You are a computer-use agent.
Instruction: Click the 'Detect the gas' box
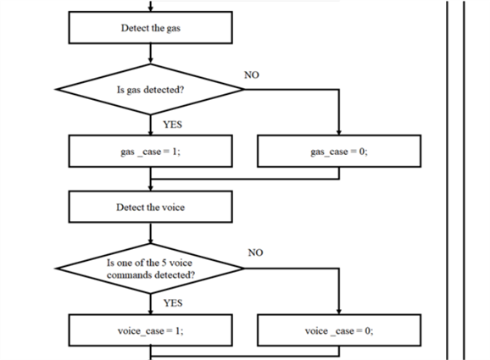coord(150,30)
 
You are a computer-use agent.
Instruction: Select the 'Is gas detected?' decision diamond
coord(150,88)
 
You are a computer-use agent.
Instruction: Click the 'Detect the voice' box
coord(150,207)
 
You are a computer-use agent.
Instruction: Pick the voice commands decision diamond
coord(150,269)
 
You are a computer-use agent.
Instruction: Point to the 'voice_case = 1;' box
coord(150,331)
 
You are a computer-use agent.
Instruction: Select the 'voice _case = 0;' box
coord(338,331)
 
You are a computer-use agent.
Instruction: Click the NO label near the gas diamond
coord(251,75)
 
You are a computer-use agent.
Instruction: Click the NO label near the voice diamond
coord(256,253)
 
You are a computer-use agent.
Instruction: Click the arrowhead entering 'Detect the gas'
coord(150,12)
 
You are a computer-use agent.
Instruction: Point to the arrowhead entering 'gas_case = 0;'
coord(338,131)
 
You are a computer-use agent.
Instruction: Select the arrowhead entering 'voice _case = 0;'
coord(338,312)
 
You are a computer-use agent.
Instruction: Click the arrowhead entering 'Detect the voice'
coord(150,188)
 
